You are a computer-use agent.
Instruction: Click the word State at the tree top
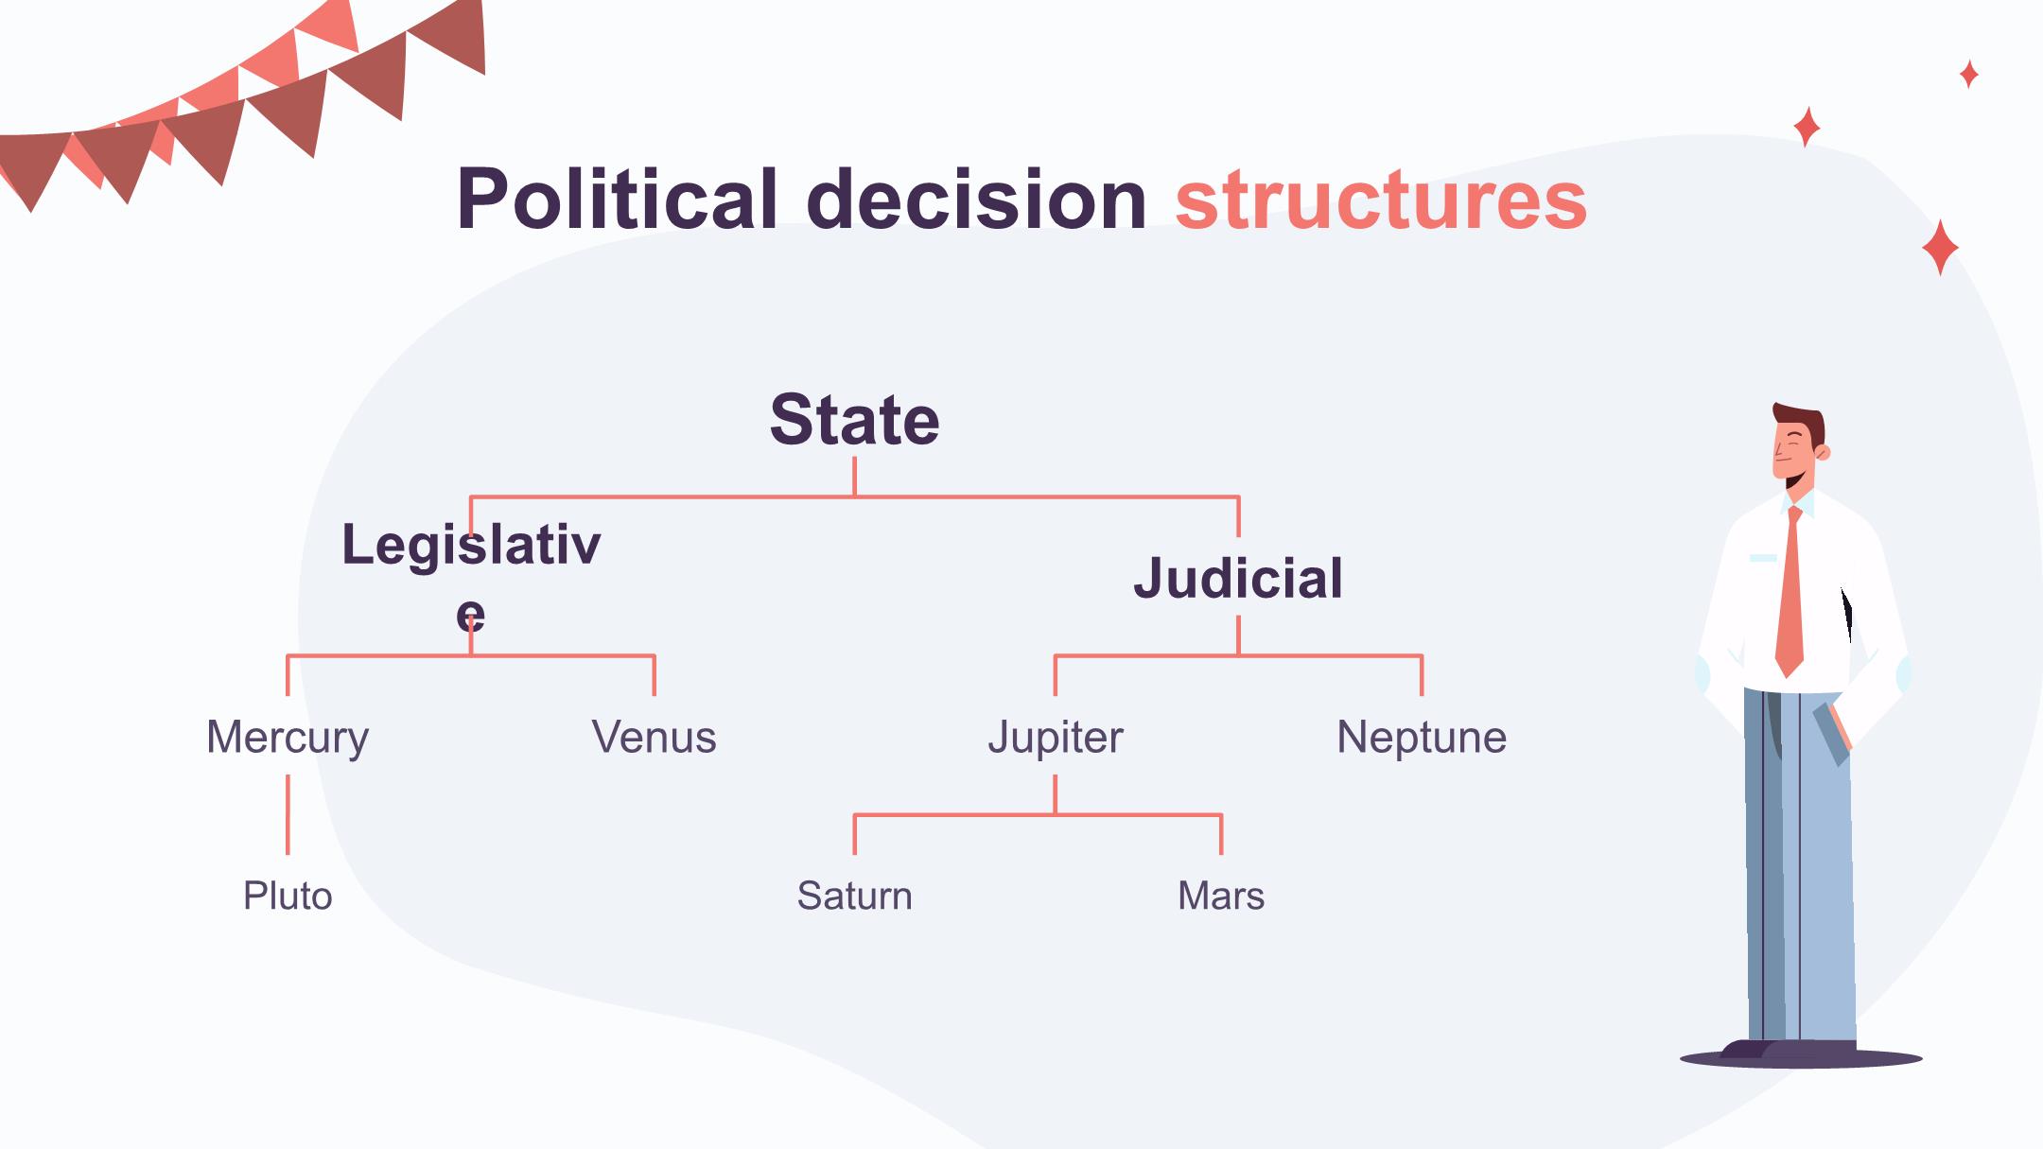[854, 420]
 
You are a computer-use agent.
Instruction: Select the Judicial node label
[1238, 578]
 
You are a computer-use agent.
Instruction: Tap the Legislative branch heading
[471, 577]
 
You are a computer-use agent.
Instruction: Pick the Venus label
[654, 737]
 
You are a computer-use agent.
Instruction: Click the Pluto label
[288, 896]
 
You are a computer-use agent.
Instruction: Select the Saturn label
[854, 896]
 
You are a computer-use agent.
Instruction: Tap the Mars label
[1221, 896]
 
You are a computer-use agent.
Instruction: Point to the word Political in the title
[617, 199]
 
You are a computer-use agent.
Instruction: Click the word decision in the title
[977, 199]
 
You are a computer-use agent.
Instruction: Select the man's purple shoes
[1788, 1048]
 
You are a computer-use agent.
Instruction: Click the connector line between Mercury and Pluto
[288, 814]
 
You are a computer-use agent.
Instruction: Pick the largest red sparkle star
[1940, 248]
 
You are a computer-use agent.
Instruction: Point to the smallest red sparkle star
[1969, 74]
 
